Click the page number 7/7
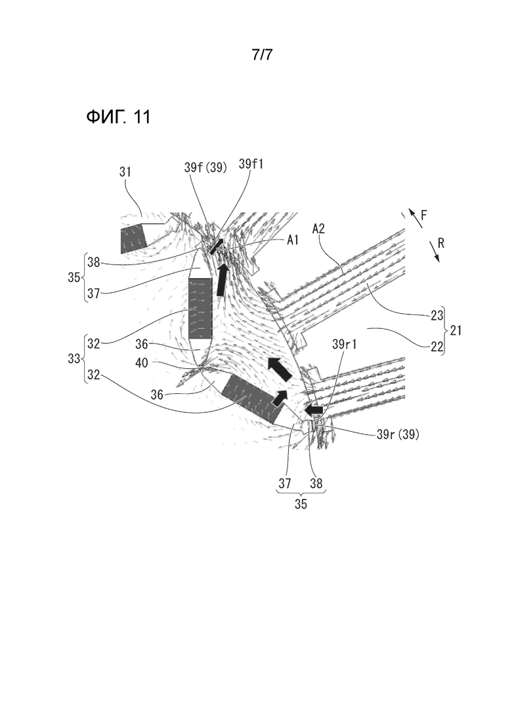pyautogui.click(x=262, y=54)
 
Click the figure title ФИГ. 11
pyautogui.click(x=118, y=117)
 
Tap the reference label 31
pyautogui.click(x=125, y=172)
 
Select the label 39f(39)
pyautogui.click(x=205, y=167)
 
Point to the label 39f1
pyautogui.click(x=251, y=164)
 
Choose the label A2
pyautogui.click(x=319, y=228)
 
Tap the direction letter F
pyautogui.click(x=424, y=215)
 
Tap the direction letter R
pyautogui.click(x=441, y=243)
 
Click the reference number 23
pyautogui.click(x=437, y=315)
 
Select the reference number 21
pyautogui.click(x=456, y=331)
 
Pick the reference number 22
pyautogui.click(x=437, y=346)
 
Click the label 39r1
pyautogui.click(x=345, y=345)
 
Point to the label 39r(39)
pyautogui.click(x=398, y=434)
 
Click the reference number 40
pyautogui.click(x=142, y=363)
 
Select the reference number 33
pyautogui.click(x=74, y=358)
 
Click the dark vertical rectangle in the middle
pyautogui.click(x=200, y=308)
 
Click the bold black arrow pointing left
pyautogui.click(x=314, y=410)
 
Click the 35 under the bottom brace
pyautogui.click(x=301, y=503)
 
